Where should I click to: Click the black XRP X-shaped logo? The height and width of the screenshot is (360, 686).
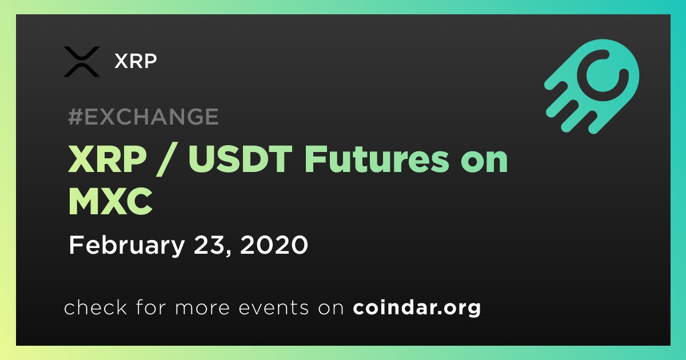pyautogui.click(x=81, y=62)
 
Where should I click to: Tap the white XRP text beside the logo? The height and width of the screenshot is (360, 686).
pyautogui.click(x=135, y=61)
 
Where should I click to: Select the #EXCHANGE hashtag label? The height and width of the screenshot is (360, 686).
pyautogui.click(x=143, y=117)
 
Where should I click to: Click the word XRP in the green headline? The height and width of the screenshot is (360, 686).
pyautogui.click(x=107, y=159)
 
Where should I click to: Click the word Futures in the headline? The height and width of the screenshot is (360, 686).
pyautogui.click(x=377, y=159)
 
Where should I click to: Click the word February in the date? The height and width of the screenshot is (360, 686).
pyautogui.click(x=127, y=246)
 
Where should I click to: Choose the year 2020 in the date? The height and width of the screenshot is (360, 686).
pyautogui.click(x=274, y=245)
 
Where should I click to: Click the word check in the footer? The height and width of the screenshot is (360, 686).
pyautogui.click(x=95, y=307)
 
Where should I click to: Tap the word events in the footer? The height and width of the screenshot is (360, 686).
pyautogui.click(x=274, y=307)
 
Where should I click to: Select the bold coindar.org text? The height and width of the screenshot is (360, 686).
pyautogui.click(x=417, y=307)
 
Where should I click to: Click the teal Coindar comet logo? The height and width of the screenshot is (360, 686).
pyautogui.click(x=593, y=86)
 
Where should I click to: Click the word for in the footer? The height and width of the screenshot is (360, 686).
pyautogui.click(x=151, y=307)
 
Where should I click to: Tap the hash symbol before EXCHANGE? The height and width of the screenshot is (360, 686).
pyautogui.click(x=75, y=117)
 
